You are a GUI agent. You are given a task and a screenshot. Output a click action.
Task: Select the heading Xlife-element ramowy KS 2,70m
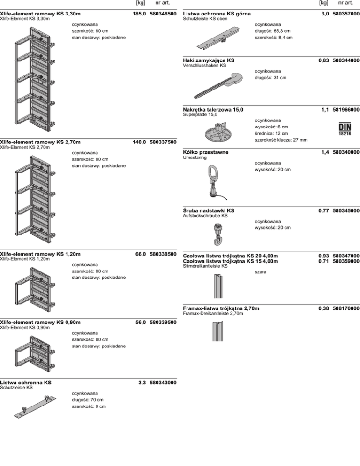tap(40, 142)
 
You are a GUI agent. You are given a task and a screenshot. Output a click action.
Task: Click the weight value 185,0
tap(139, 15)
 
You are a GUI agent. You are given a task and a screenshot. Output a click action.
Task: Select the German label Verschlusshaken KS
tap(204, 66)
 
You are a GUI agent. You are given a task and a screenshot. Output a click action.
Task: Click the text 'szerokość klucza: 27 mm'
tap(281, 140)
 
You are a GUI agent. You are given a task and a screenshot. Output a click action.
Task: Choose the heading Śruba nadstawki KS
tap(208, 211)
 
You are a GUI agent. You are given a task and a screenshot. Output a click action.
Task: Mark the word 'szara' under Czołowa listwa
tap(261, 272)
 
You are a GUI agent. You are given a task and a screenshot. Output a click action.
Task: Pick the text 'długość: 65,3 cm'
tap(272, 30)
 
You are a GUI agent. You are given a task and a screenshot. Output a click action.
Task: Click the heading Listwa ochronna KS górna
tap(216, 15)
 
